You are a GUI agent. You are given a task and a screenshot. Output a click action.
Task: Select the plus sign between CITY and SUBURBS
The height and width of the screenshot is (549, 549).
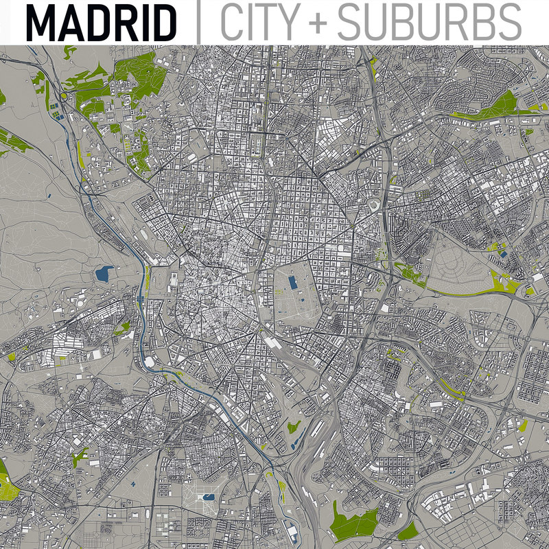(320, 23)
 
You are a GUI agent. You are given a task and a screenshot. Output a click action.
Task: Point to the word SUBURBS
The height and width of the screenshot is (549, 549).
(429, 22)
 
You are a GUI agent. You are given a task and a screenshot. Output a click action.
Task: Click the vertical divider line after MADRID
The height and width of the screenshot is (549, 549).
(199, 22)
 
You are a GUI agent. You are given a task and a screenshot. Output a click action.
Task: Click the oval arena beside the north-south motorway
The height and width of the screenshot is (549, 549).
(375, 205)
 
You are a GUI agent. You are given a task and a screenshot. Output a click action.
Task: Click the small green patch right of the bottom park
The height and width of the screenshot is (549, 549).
(407, 530)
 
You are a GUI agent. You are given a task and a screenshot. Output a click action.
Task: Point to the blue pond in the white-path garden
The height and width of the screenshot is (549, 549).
(208, 495)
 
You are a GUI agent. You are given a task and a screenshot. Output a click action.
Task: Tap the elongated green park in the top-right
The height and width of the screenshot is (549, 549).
(498, 106)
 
